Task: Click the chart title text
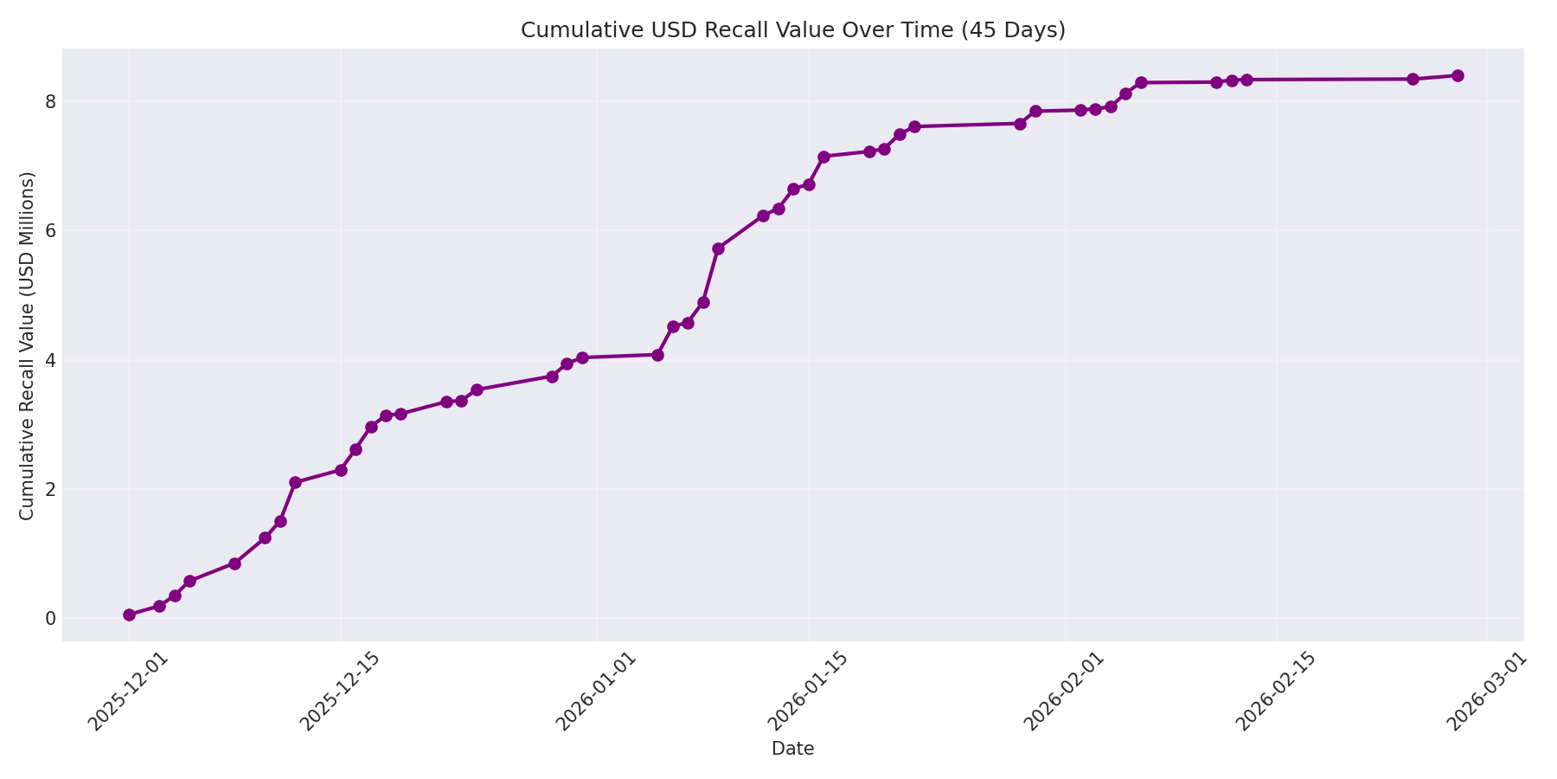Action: click(792, 30)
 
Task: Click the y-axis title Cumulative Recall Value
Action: click(28, 346)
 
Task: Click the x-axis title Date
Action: click(792, 750)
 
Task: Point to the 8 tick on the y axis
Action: click(50, 102)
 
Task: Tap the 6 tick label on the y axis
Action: click(50, 231)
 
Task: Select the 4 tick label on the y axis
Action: click(50, 360)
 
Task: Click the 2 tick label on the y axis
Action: click(50, 489)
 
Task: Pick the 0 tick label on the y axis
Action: click(50, 618)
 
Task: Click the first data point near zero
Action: click(129, 615)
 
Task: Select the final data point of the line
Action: click(1458, 75)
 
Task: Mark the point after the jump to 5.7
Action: click(718, 248)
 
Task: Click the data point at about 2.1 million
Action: click(295, 482)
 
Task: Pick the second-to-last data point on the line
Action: click(1413, 79)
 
